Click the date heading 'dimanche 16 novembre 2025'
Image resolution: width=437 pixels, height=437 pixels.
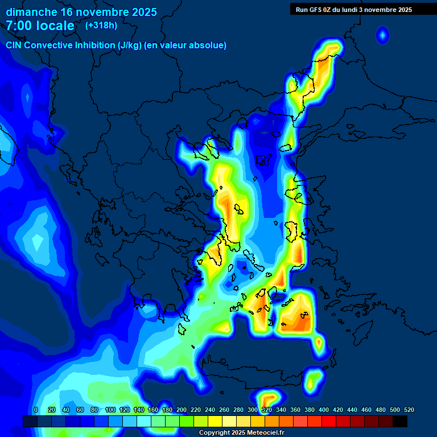[x=81, y=12]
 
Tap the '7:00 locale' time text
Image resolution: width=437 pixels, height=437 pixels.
[x=40, y=26]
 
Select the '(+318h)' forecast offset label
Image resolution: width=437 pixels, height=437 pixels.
[x=101, y=26]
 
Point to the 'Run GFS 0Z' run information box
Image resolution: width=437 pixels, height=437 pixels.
[x=353, y=9]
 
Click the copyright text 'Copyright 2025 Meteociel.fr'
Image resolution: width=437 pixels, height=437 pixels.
[x=241, y=432]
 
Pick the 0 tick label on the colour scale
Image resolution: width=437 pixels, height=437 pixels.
[x=36, y=410]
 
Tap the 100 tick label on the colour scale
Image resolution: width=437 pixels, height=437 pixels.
[x=110, y=410]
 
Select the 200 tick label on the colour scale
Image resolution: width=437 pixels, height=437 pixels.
[x=182, y=410]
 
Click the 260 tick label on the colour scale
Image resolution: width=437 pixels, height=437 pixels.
[x=224, y=410]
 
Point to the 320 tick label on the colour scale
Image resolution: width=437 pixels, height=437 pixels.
[x=267, y=410]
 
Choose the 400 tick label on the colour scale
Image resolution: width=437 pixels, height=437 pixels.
[x=324, y=410]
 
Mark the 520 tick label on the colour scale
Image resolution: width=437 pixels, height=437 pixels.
[x=409, y=410]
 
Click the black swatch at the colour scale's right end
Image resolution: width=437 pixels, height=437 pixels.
[x=400, y=421]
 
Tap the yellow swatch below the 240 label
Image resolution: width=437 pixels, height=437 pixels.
[x=201, y=421]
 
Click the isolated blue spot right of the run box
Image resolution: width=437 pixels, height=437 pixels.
[x=382, y=36]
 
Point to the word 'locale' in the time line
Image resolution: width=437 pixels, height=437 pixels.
[x=54, y=26]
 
